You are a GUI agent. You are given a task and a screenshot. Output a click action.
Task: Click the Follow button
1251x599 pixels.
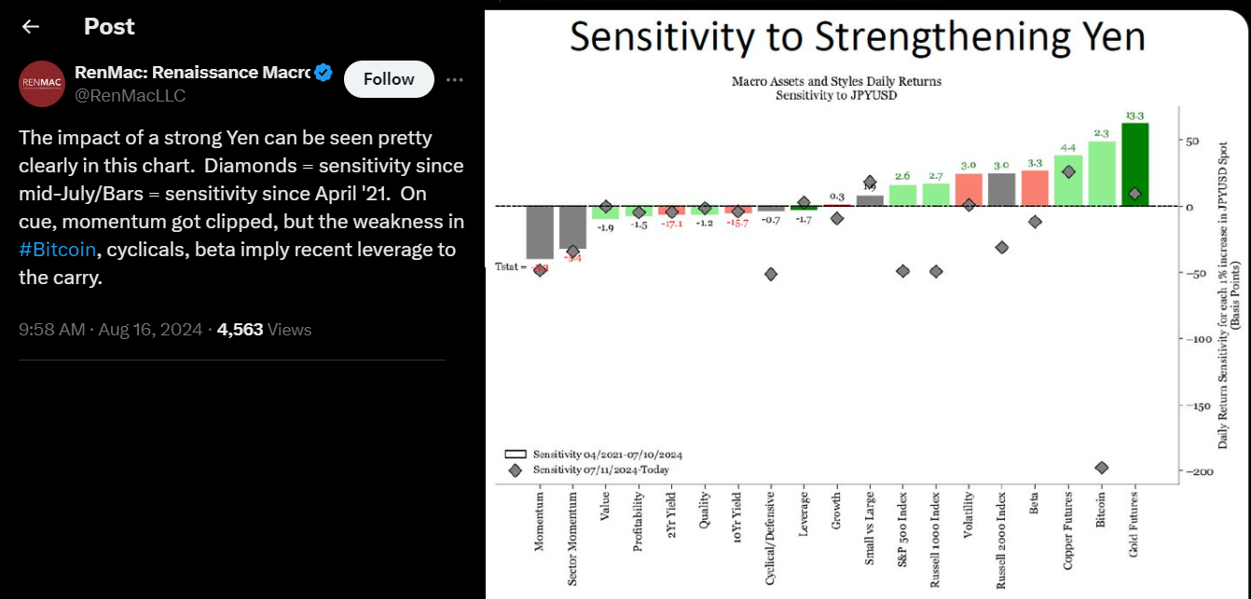click(389, 79)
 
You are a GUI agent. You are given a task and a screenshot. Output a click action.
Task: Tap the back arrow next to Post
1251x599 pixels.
click(31, 27)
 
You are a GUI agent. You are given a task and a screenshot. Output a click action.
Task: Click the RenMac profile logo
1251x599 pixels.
click(42, 85)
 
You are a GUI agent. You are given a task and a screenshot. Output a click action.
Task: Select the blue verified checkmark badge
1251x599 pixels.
click(323, 73)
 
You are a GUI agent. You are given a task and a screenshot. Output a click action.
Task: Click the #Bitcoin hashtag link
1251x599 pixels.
click(57, 250)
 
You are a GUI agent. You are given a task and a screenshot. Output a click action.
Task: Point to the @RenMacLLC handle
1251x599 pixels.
click(130, 96)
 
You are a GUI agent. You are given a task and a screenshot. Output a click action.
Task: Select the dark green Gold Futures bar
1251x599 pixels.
click(1134, 164)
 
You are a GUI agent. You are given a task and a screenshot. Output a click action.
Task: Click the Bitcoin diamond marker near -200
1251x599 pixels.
click(1101, 467)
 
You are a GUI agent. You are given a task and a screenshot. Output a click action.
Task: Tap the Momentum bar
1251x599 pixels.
click(540, 232)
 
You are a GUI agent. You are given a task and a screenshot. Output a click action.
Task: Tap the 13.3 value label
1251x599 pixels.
click(1134, 116)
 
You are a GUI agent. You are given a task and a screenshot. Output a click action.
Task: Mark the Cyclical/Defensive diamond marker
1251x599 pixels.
click(771, 274)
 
